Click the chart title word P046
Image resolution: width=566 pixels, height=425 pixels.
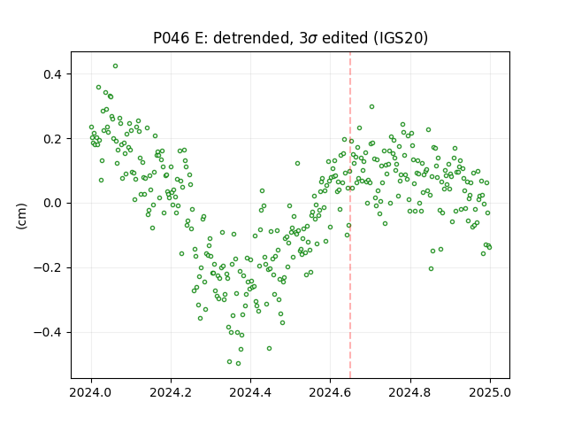tap(171, 38)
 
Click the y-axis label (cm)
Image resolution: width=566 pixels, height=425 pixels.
tap(21, 216)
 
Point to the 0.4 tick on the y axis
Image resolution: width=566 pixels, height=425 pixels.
tap(53, 74)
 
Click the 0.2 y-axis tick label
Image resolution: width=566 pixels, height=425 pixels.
tap(53, 139)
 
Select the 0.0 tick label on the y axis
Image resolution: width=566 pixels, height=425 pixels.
tap(53, 204)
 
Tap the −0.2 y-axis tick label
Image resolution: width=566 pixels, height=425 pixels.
tap(49, 268)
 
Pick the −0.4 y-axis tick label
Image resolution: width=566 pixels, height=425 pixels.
tap(49, 333)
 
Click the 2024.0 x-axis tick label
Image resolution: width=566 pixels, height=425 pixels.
tap(91, 392)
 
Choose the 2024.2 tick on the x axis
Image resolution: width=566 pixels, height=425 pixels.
tap(171, 392)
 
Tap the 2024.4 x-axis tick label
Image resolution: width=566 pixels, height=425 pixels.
tap(250, 392)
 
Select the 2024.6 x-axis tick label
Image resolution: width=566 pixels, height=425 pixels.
tap(330, 392)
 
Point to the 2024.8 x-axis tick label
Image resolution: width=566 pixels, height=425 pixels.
tap(410, 392)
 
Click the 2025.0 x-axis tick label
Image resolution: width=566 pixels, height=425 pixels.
tap(490, 392)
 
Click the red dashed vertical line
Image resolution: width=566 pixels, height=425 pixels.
tap(350, 215)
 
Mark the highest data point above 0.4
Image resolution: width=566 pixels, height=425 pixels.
tap(116, 66)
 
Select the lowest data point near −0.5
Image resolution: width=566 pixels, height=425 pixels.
tap(238, 364)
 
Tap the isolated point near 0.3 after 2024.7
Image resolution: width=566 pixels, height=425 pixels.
tap(371, 107)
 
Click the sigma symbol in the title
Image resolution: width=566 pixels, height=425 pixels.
tap(314, 39)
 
